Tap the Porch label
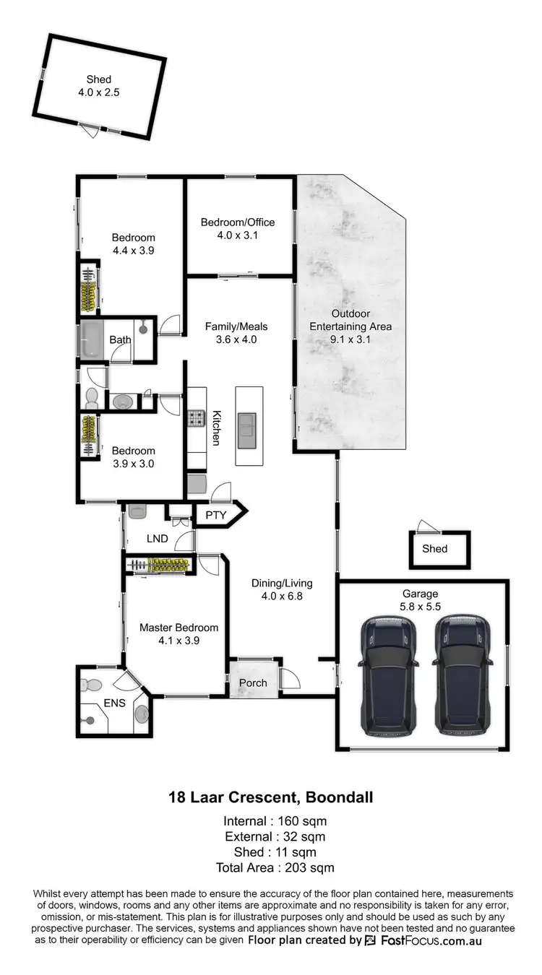[253, 682]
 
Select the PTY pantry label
[216, 515]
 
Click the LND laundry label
[157, 538]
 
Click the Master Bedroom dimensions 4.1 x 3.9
[178, 640]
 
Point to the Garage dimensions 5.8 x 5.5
[425, 608]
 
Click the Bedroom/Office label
[238, 222]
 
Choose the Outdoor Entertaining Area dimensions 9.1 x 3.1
[350, 339]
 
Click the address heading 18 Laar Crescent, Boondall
[270, 798]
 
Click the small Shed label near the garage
[435, 549]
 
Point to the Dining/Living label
[282, 584]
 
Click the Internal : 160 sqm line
[270, 820]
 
